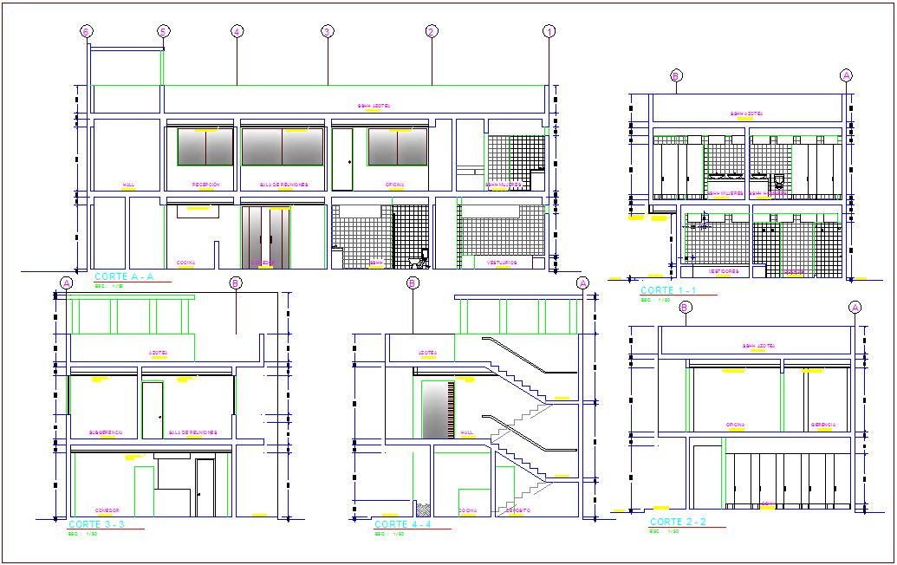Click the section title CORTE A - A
click(123, 276)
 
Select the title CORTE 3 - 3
click(96, 524)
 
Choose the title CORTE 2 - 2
click(678, 522)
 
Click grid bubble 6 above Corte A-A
click(86, 31)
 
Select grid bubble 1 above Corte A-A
click(549, 31)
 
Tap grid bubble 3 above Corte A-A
click(328, 31)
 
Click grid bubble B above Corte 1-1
click(676, 75)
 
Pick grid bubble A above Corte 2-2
click(855, 307)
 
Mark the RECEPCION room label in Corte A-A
click(205, 185)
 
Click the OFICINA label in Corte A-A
click(396, 185)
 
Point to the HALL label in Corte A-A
click(128, 185)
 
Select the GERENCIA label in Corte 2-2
click(822, 425)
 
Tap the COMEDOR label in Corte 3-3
click(107, 510)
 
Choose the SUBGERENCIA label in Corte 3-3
click(106, 432)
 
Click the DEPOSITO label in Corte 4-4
click(518, 510)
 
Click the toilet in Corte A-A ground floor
click(423, 257)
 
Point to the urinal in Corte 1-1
click(778, 181)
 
